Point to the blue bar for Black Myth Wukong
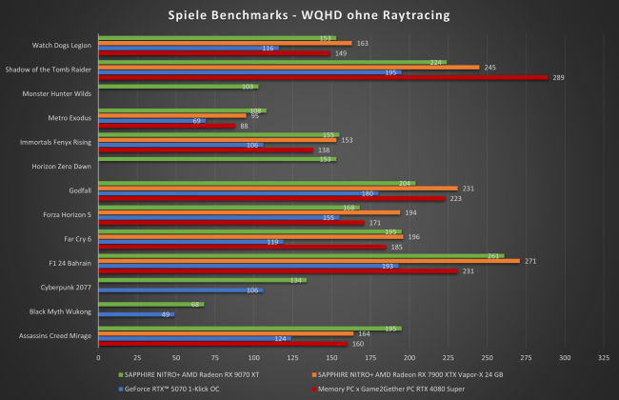coord(135,313)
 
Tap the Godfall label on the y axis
coord(79,190)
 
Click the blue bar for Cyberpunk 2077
coord(180,290)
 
